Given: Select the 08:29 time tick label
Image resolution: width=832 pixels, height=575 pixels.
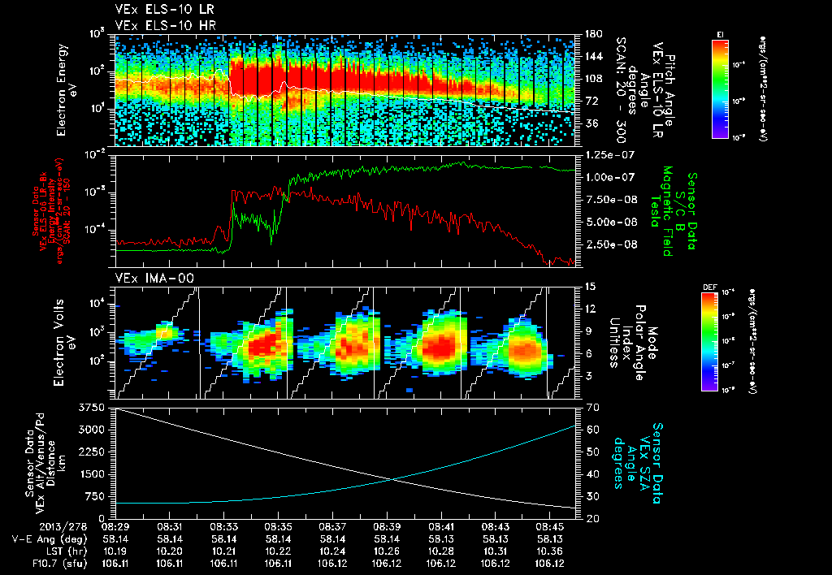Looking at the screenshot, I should pos(115,526).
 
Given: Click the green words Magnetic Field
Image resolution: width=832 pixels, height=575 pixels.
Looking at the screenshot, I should pos(668,213).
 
